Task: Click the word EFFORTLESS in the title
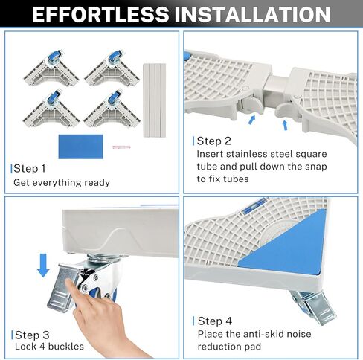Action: pyautogui.click(x=100, y=14)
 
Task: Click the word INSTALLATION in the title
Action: pyautogui.click(x=252, y=14)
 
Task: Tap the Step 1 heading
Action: pyautogui.click(x=30, y=169)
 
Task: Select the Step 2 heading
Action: pyautogui.click(x=213, y=141)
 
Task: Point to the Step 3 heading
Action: pyautogui.click(x=32, y=335)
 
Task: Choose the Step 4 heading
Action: pyautogui.click(x=215, y=321)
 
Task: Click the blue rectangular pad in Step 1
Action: pyautogui.click(x=81, y=147)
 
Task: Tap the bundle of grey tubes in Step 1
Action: pyautogui.click(x=155, y=100)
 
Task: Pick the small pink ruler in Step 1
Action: pyautogui.click(x=121, y=147)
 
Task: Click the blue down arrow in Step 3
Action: pyautogui.click(x=43, y=265)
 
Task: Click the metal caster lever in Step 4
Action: pyautogui.click(x=318, y=308)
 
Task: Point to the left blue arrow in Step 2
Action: pyautogui.click(x=251, y=120)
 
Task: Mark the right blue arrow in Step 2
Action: pyautogui.click(x=285, y=126)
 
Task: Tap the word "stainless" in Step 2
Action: pyautogui.click(x=246, y=154)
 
